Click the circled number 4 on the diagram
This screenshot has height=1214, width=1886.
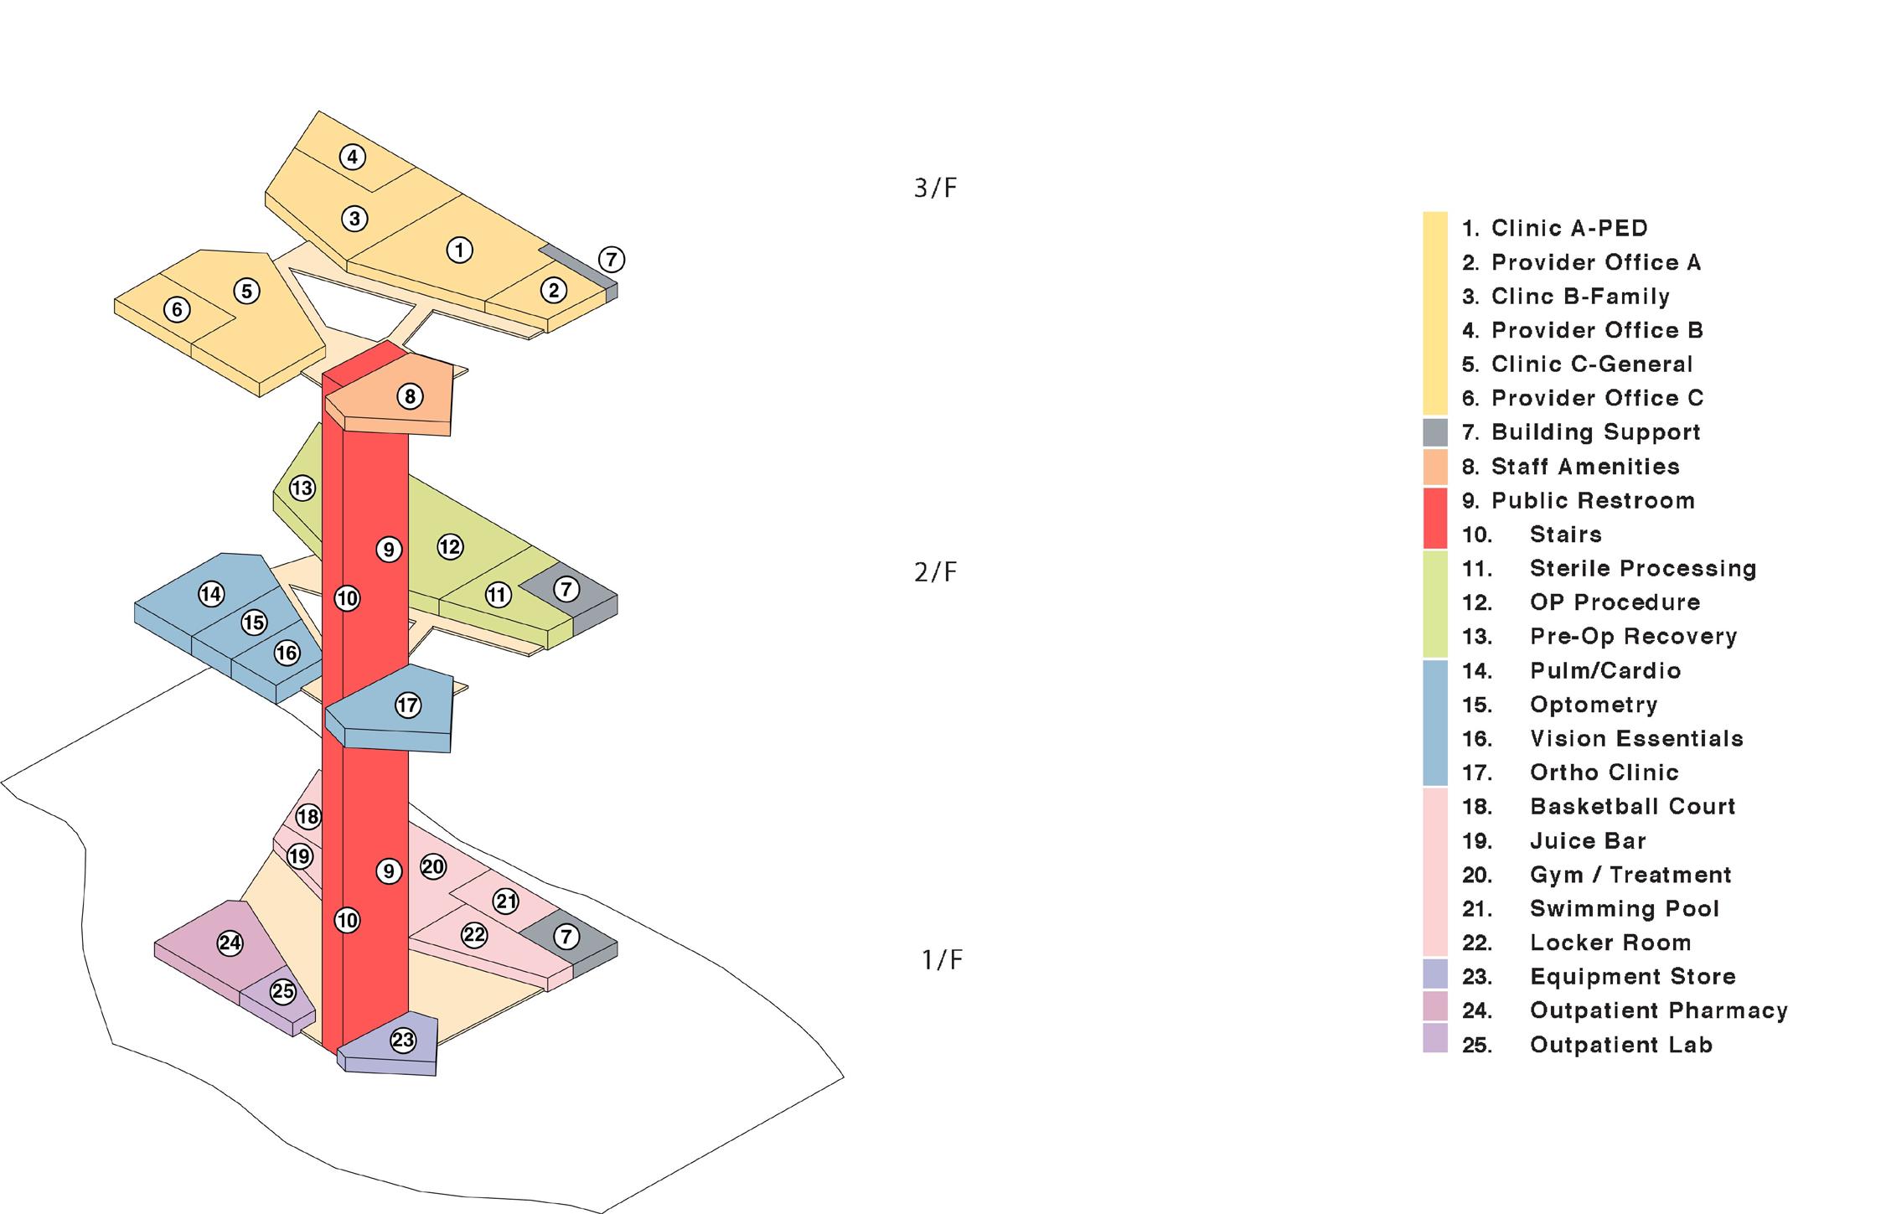point(353,157)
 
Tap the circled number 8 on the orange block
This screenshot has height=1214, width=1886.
point(410,396)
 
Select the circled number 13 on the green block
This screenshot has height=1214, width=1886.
point(302,488)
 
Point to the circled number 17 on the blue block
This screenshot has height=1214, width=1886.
point(408,705)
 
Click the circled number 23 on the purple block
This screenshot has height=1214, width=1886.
point(403,1041)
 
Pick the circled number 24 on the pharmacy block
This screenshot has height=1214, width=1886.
point(230,943)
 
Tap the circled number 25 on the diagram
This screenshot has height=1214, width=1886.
point(283,992)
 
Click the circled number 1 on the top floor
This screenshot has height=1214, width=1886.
point(459,250)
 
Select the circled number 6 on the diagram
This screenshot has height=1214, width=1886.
point(177,309)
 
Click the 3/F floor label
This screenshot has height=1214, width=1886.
point(935,189)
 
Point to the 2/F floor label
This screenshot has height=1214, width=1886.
point(935,572)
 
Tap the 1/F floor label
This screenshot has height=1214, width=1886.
point(942,959)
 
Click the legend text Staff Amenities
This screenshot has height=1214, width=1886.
point(1585,467)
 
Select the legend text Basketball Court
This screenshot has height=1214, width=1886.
point(1632,807)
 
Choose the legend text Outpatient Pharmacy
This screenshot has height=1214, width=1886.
point(1658,1011)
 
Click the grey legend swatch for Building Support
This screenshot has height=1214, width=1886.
point(1435,432)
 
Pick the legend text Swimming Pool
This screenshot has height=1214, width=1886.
point(1624,909)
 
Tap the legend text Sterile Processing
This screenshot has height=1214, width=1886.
point(1642,569)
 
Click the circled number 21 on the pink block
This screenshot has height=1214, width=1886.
point(506,901)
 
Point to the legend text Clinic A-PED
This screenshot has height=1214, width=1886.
point(1569,228)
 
